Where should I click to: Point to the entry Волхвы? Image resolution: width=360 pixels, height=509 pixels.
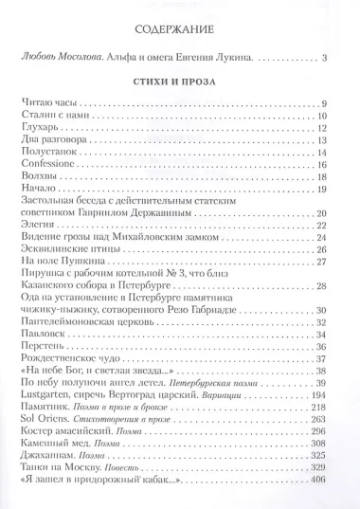tap(37, 176)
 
